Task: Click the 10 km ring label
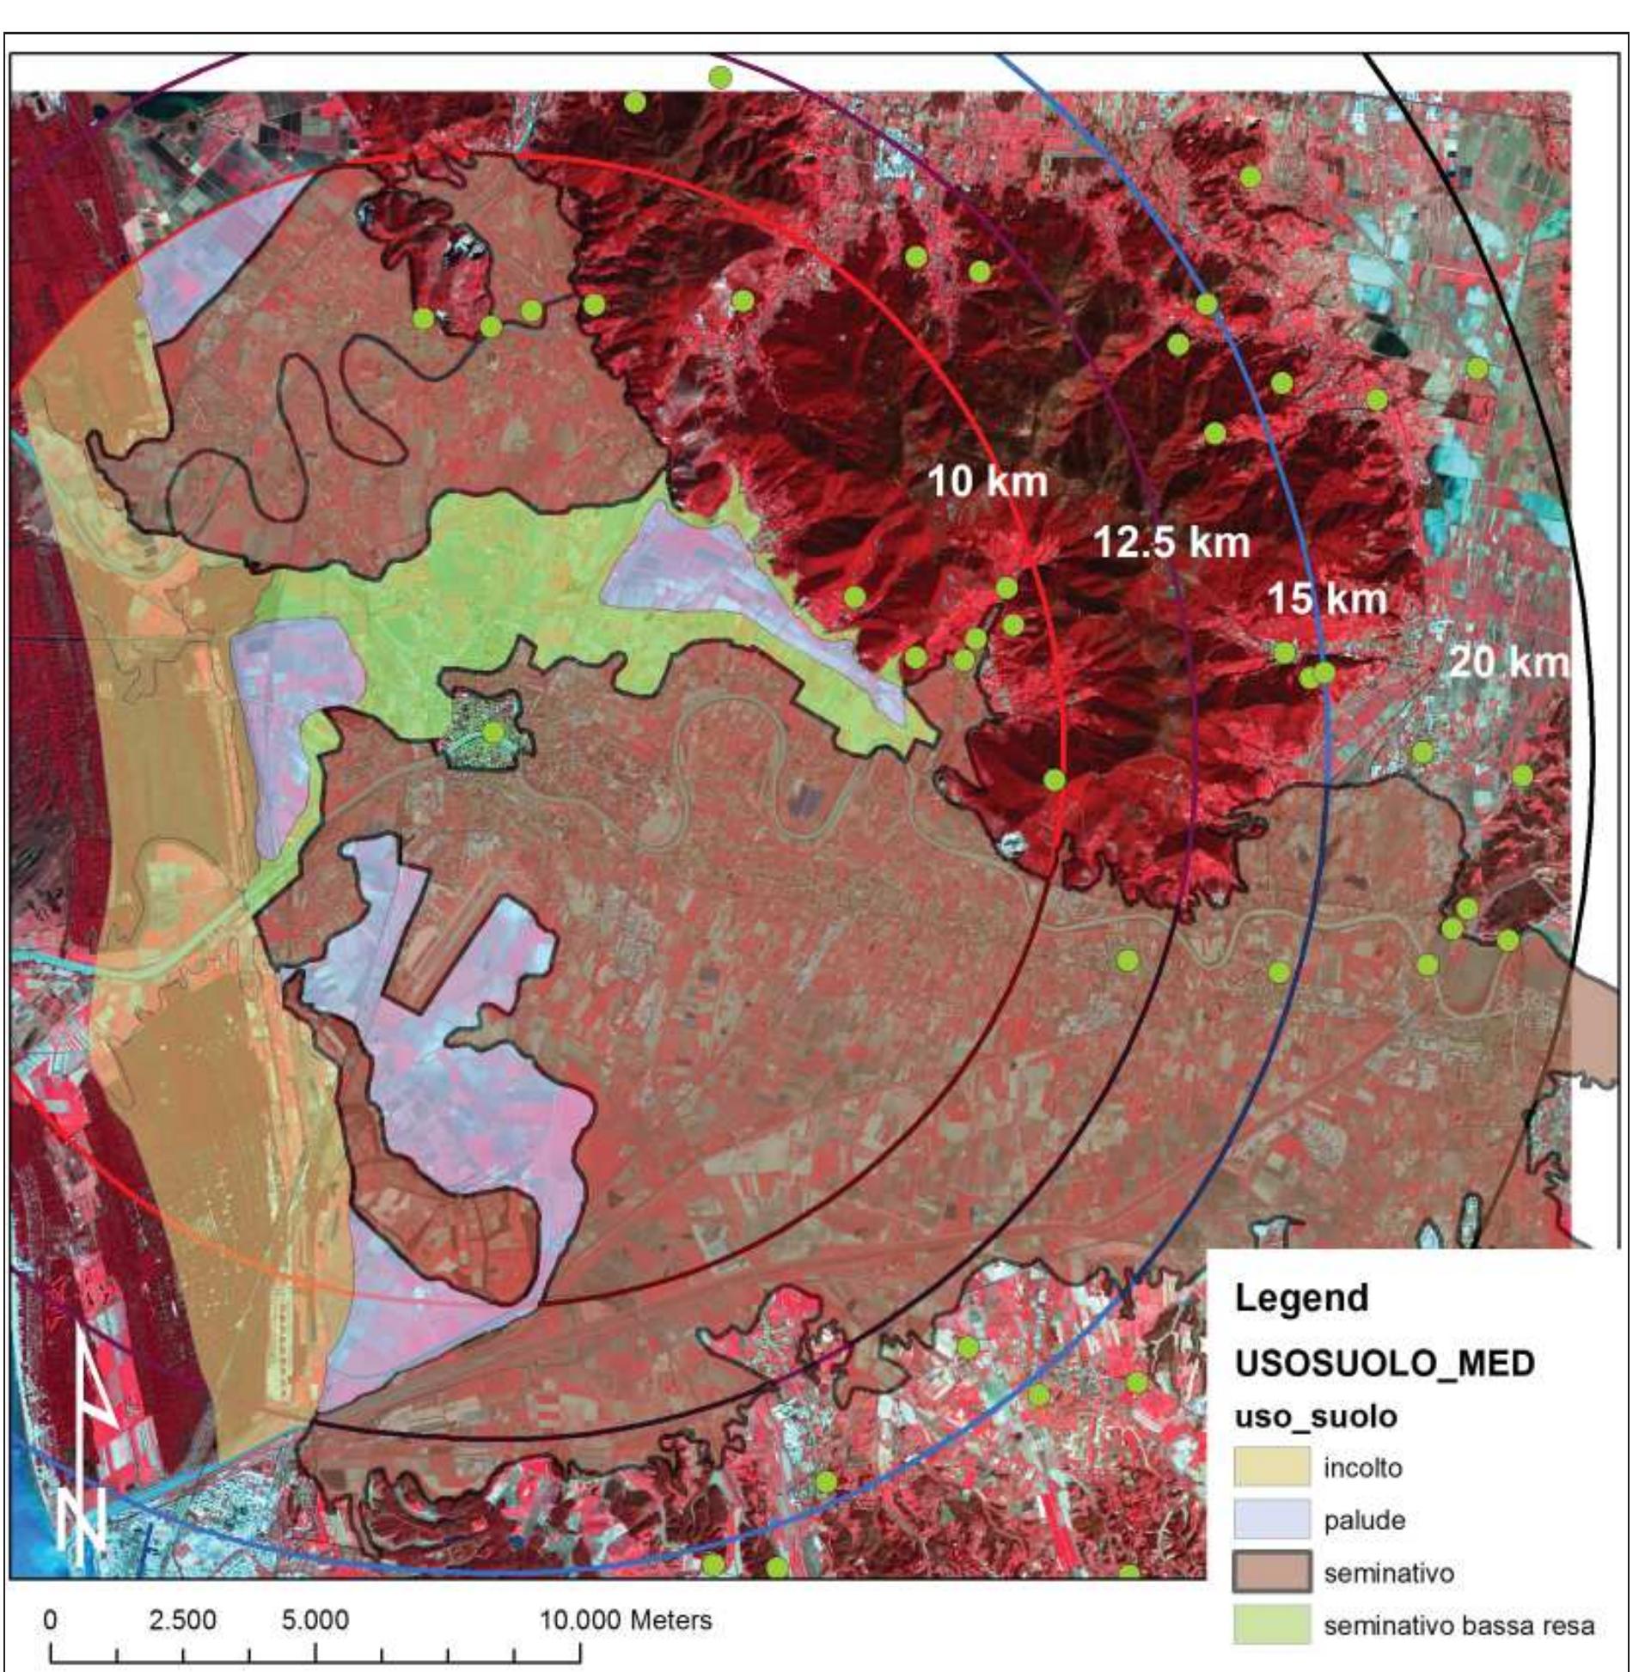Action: (987, 482)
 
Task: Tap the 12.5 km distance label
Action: (1171, 542)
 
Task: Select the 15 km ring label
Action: (1326, 598)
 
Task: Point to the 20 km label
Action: (1508, 662)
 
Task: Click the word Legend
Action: (1300, 1297)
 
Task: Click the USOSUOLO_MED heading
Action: (1385, 1363)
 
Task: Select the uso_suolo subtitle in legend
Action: (1315, 1417)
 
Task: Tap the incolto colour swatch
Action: (1272, 1468)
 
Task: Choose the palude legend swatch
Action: (1272, 1520)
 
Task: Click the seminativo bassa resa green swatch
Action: (1272, 1626)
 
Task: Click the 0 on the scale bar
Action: (50, 1620)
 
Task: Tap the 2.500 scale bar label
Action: (181, 1620)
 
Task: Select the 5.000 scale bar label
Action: (315, 1620)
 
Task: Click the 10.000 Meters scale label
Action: (625, 1620)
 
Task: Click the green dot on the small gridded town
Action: (492, 732)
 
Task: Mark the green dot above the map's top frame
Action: (719, 76)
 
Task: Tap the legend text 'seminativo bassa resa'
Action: (1459, 1626)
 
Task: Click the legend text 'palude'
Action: (1363, 1520)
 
